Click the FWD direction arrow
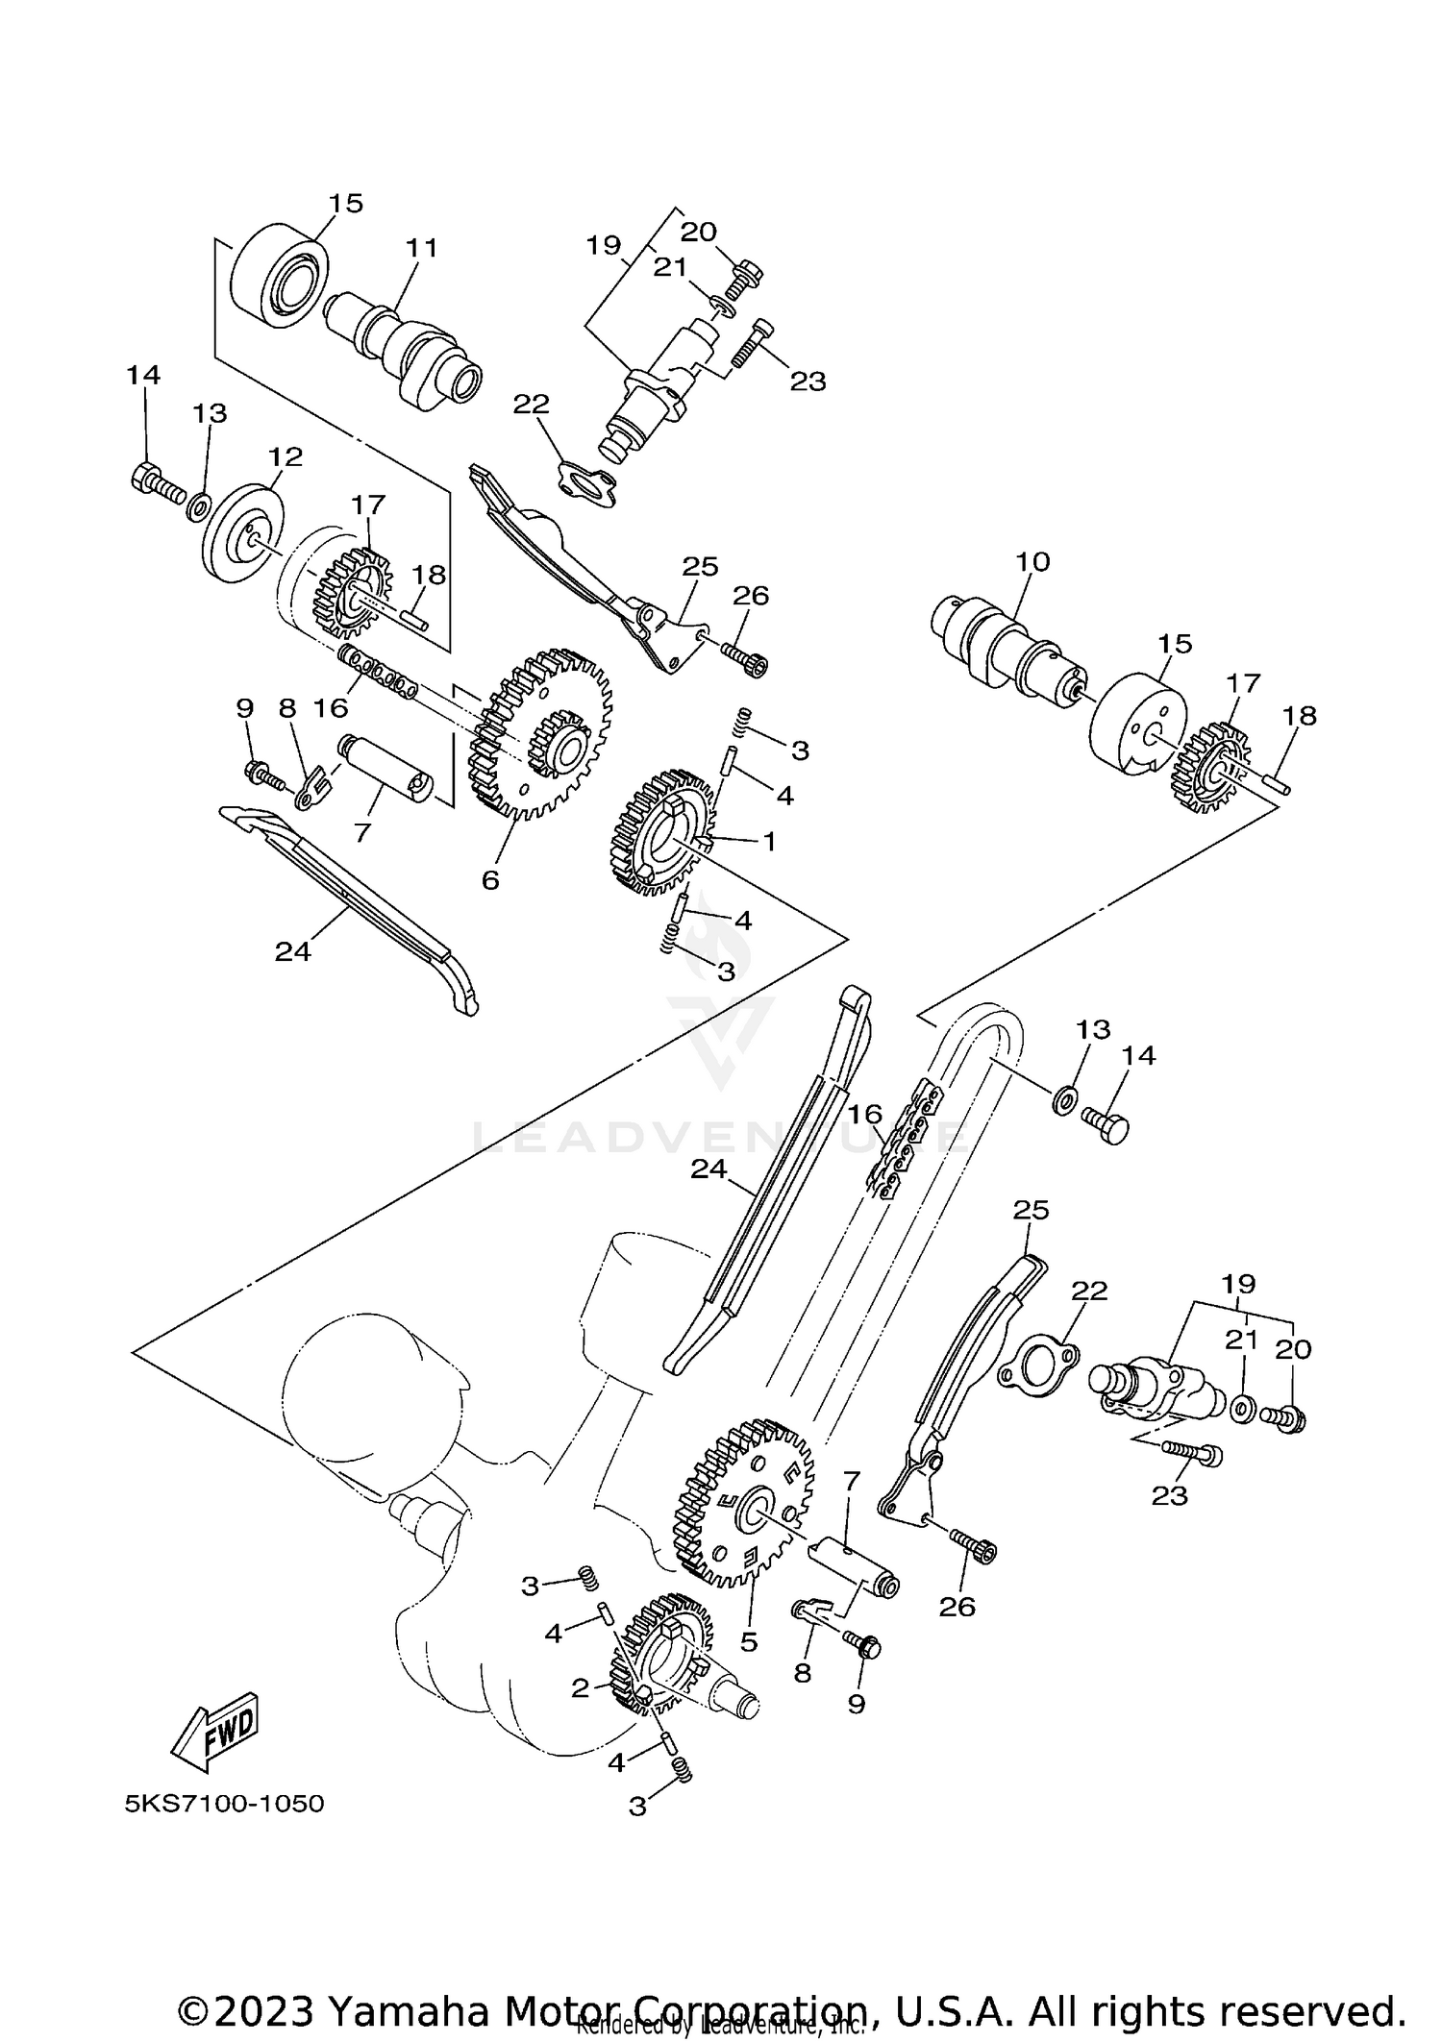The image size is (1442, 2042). (x=215, y=1732)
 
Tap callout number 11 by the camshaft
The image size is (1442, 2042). (x=421, y=248)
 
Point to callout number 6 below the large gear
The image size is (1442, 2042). (x=490, y=880)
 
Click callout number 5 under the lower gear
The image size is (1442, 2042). (x=749, y=1642)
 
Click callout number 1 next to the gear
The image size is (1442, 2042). (x=769, y=842)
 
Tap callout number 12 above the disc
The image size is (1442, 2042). (x=286, y=457)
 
